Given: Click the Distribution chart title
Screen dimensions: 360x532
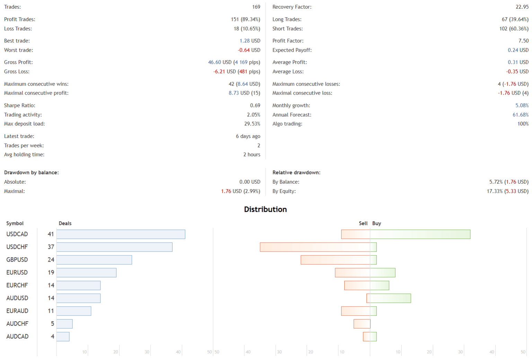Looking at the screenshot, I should pos(265,209).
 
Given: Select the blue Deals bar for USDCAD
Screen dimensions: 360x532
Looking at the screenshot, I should pos(121,234).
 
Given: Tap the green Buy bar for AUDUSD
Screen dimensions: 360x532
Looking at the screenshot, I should pos(390,298).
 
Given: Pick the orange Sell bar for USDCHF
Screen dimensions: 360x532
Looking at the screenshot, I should pos(315,247).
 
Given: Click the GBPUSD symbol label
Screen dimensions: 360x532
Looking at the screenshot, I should pos(17,260).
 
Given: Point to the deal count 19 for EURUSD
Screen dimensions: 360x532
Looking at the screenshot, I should pos(51,273).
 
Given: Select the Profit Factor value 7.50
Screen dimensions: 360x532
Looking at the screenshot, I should pos(523,41).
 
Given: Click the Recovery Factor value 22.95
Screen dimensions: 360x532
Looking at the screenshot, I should pos(522,7).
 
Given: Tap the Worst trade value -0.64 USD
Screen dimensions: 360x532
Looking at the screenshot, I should pos(249,50).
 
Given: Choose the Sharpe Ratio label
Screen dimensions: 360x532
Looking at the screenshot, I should pos(20,105).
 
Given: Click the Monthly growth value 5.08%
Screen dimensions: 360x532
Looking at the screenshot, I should pos(522,105).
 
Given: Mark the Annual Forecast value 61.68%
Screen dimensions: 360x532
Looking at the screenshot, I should pos(521,115).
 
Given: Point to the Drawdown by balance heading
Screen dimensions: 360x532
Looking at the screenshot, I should pos(32,173).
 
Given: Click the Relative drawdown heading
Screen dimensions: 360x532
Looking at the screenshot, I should pos(296,173).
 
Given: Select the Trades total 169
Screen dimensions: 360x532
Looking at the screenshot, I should pos(256,7).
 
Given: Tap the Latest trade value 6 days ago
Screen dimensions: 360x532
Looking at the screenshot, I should pos(248,136).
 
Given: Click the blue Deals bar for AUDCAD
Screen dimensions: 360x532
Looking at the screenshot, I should pos(63,336).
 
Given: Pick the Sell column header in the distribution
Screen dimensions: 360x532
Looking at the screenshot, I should pos(363,223).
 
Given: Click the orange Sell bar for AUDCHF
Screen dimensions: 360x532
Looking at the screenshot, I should pos(362,324).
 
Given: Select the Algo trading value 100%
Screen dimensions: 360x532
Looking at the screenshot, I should pos(523,124).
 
